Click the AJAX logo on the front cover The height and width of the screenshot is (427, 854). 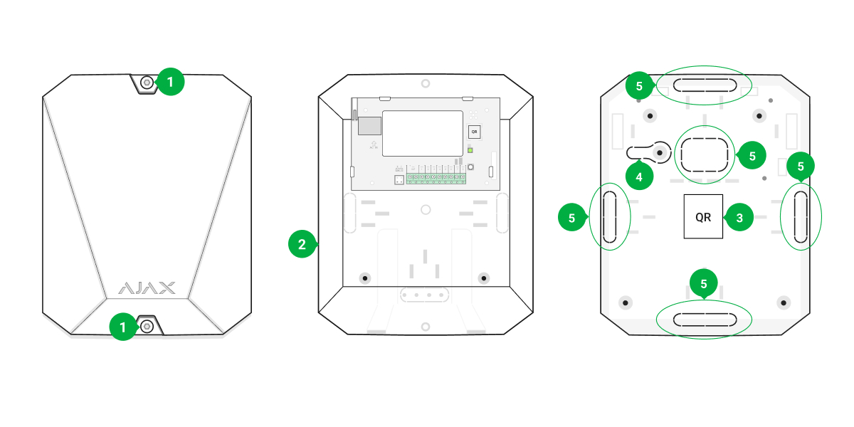tap(146, 288)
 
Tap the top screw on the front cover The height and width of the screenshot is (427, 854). tap(147, 83)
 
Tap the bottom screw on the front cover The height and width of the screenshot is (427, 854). tap(147, 326)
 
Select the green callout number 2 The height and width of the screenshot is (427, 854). tap(302, 245)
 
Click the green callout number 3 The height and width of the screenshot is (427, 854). tap(739, 218)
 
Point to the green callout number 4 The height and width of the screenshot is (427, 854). tap(639, 176)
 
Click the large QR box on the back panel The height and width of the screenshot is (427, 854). tap(703, 217)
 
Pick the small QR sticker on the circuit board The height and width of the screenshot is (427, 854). tap(475, 132)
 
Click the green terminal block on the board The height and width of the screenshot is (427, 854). tap(436, 176)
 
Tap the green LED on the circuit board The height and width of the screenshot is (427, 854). tap(470, 150)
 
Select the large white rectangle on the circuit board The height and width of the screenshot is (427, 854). tap(423, 133)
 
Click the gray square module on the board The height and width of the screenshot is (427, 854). tap(368, 126)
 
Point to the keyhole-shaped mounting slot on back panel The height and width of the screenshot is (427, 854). tap(649, 152)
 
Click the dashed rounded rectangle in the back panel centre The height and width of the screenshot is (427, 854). tap(704, 154)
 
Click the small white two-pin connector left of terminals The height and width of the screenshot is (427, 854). tap(399, 180)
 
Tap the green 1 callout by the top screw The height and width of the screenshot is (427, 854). tap(170, 83)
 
